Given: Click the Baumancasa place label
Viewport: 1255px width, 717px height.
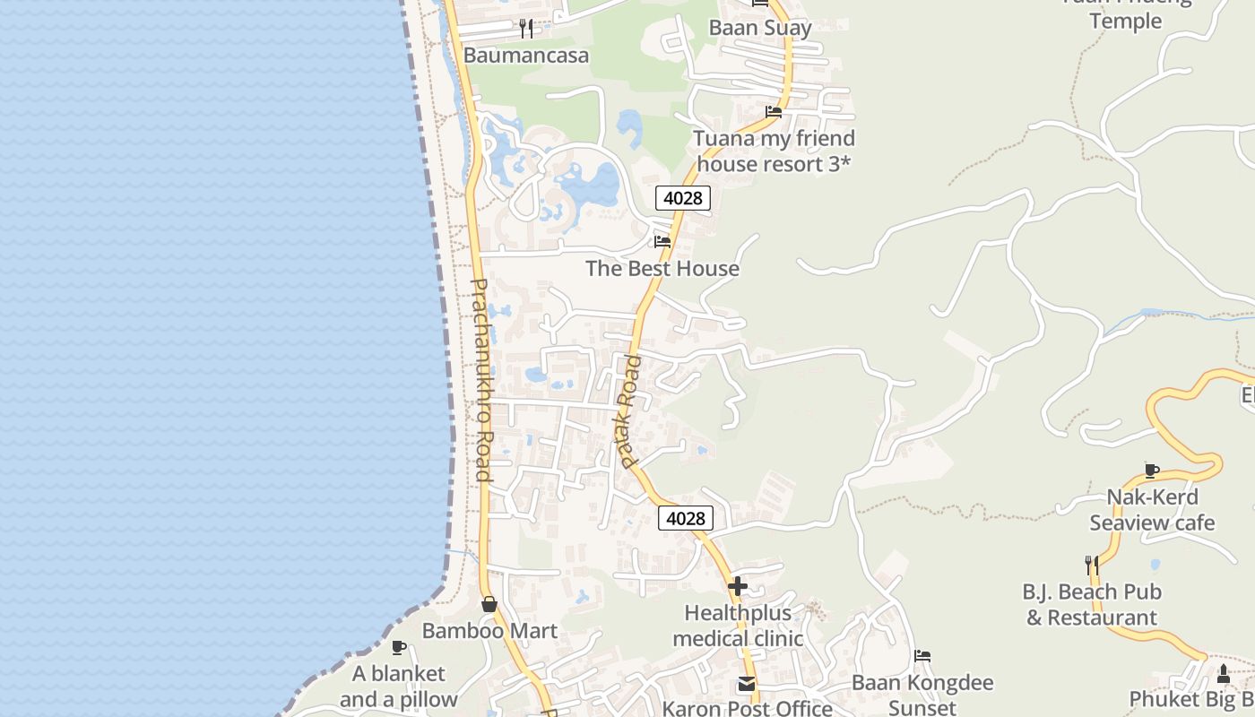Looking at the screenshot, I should click(526, 56).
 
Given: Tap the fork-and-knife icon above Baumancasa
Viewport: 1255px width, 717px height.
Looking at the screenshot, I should click(526, 29).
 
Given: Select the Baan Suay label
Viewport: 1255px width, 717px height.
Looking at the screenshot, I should click(760, 28).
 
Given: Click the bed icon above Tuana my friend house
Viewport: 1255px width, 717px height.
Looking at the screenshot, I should click(774, 112).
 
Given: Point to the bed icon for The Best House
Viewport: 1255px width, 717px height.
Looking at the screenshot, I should click(662, 241).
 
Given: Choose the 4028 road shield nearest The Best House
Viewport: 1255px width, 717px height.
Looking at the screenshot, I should click(682, 198).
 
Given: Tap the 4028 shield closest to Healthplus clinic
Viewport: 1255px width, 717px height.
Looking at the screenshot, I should click(686, 518).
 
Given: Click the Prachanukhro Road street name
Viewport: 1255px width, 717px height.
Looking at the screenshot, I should click(481, 380).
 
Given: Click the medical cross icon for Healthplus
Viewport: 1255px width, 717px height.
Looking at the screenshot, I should click(738, 586).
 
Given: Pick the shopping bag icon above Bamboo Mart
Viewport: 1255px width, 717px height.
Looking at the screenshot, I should click(489, 604).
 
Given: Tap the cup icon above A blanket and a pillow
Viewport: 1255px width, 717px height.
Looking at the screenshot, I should click(399, 647).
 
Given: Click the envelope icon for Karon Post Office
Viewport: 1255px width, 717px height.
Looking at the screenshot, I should click(747, 684).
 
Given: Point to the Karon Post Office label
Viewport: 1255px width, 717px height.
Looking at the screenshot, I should click(748, 708).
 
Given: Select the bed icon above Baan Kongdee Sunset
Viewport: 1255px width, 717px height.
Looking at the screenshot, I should click(922, 656).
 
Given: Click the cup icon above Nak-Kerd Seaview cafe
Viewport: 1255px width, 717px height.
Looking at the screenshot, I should click(1152, 471).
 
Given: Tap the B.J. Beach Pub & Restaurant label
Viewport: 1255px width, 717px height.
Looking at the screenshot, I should click(1092, 605).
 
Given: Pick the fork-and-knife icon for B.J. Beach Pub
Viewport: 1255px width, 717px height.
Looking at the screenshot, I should click(1092, 565).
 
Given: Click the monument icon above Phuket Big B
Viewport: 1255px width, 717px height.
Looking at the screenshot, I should click(1224, 673).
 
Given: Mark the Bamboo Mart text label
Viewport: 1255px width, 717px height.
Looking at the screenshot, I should click(489, 631).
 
